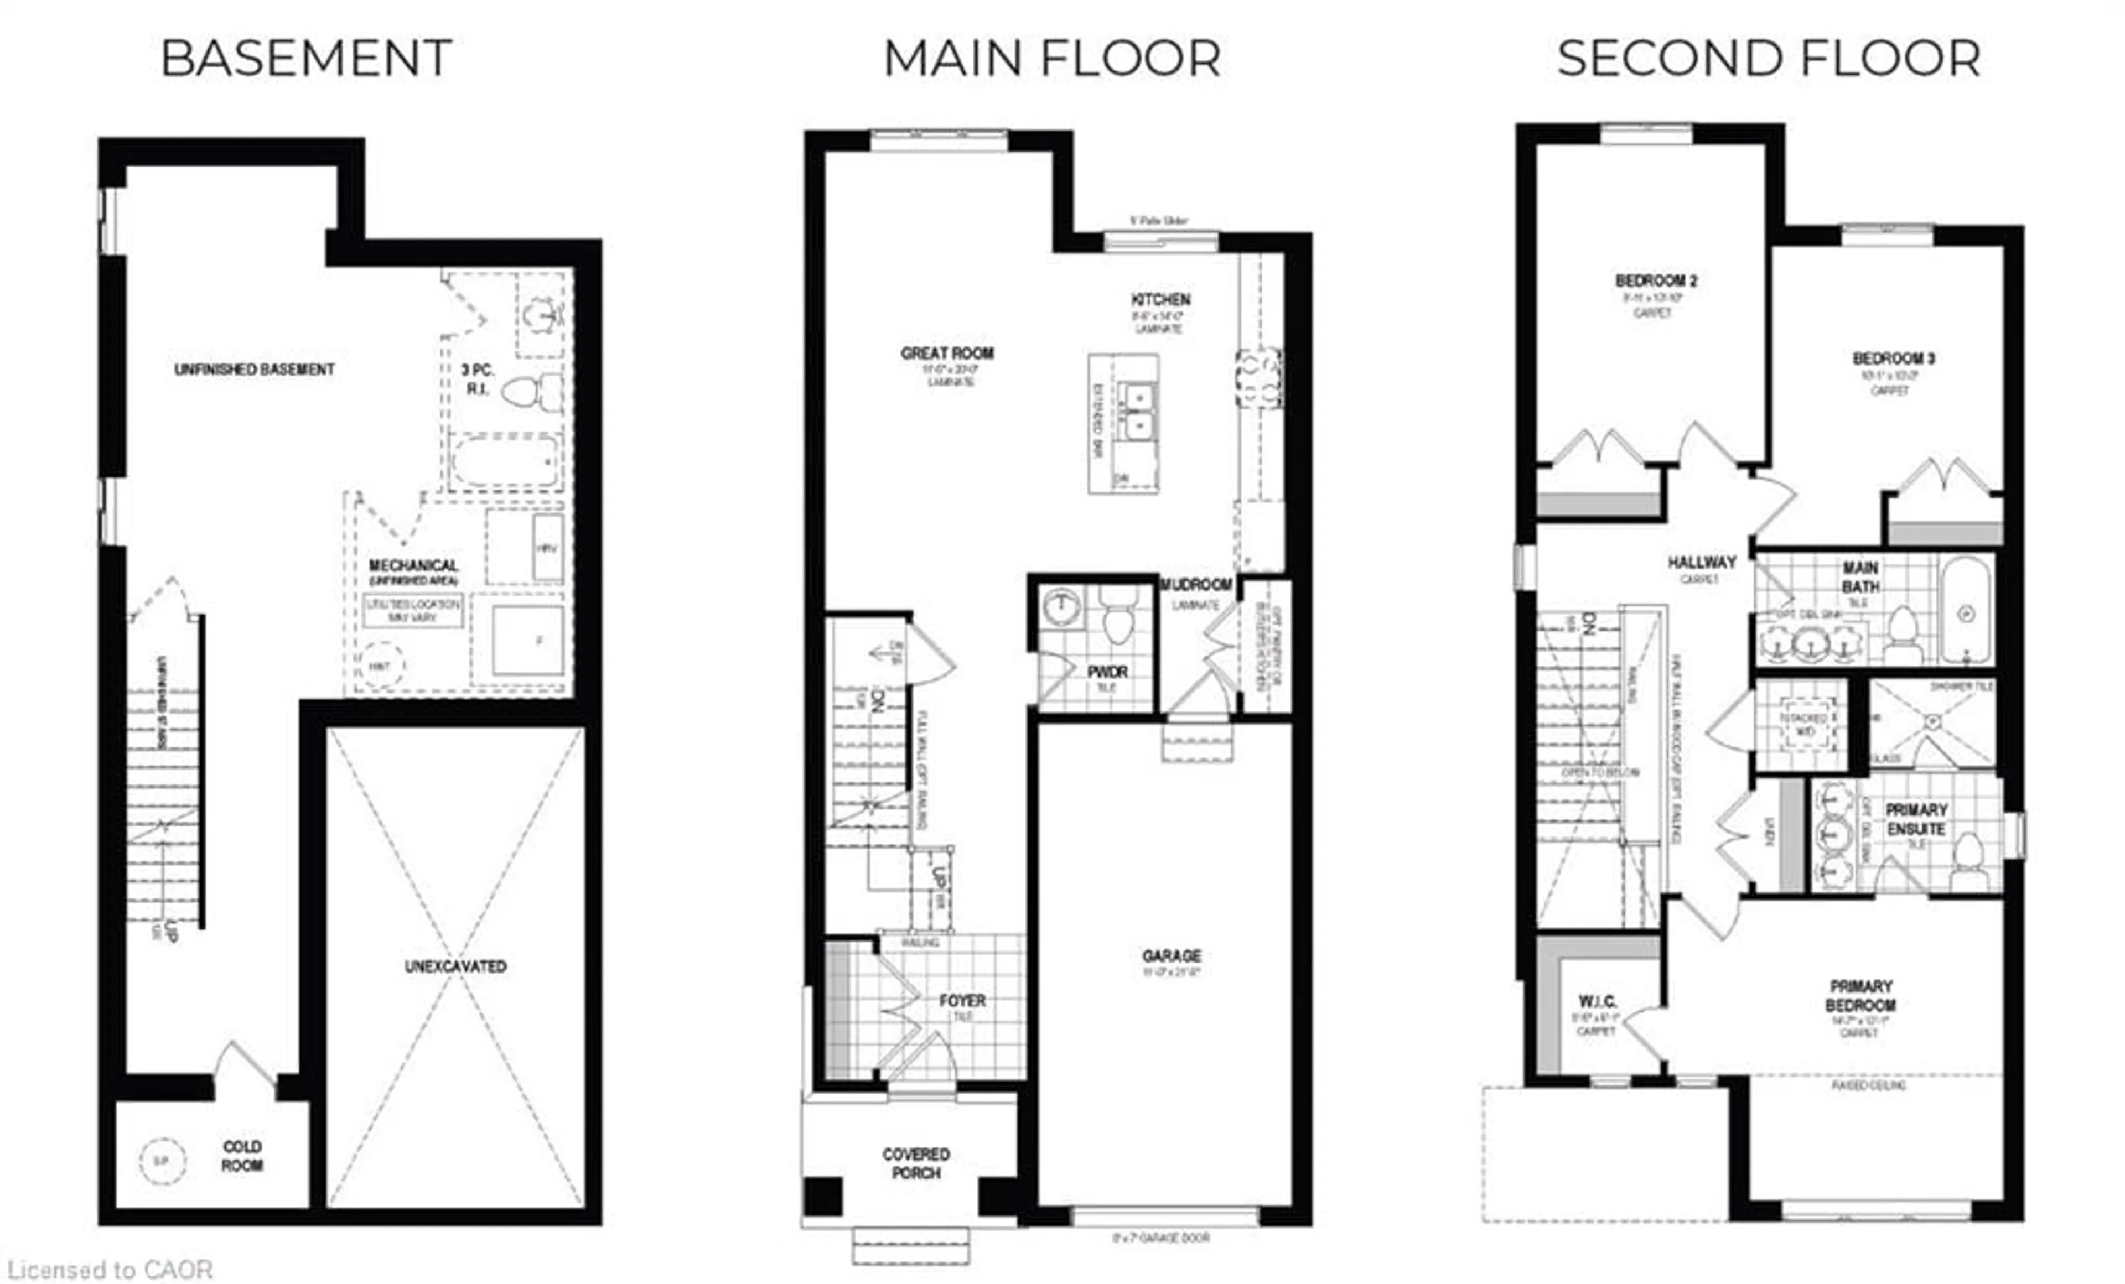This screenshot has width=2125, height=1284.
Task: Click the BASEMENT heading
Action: click(x=306, y=59)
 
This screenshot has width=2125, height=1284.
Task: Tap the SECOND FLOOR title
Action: click(x=1768, y=59)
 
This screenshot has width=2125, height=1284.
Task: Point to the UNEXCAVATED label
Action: click(x=455, y=966)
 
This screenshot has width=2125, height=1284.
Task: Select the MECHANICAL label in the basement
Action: click(x=413, y=566)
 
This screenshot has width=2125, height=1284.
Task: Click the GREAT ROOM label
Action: click(x=947, y=354)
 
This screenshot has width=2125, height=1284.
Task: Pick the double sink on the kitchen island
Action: click(x=1138, y=412)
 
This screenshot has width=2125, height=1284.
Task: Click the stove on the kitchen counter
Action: click(x=1258, y=378)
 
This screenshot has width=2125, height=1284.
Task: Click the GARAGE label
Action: click(x=1171, y=955)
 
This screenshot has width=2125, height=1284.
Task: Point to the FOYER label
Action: click(x=962, y=1000)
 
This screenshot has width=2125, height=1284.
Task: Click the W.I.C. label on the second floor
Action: click(x=1597, y=1002)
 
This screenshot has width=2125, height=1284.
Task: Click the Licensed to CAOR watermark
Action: click(x=110, y=1270)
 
